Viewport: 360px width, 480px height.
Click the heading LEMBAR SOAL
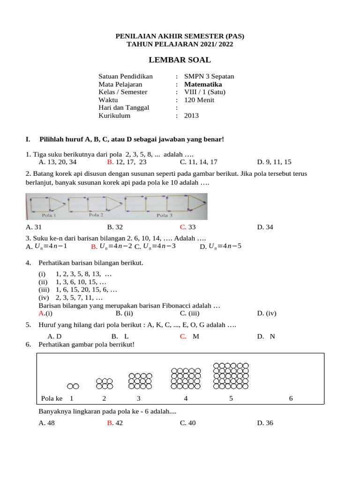click(180, 60)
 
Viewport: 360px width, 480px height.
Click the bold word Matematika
click(203, 84)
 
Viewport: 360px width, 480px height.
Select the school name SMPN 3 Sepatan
click(209, 76)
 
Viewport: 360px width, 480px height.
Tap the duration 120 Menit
click(199, 100)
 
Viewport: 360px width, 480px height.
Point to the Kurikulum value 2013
click(191, 116)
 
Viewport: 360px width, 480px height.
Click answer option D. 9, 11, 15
click(274, 162)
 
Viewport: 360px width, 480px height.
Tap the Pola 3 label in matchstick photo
click(165, 216)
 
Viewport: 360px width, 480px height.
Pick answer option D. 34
click(265, 227)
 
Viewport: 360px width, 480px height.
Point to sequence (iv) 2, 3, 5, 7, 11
click(70, 298)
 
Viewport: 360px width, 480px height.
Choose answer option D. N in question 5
click(266, 337)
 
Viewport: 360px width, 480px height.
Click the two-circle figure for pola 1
click(73, 386)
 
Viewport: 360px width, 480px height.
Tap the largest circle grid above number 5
click(231, 376)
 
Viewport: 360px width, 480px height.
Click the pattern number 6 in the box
click(291, 398)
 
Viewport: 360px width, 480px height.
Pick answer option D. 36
click(265, 423)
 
